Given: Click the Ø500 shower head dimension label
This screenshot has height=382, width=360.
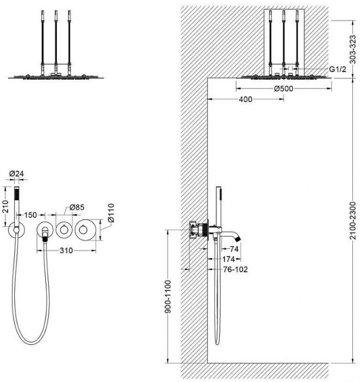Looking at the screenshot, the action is [x=284, y=88].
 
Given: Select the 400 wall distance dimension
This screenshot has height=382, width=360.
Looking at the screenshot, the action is [x=246, y=99].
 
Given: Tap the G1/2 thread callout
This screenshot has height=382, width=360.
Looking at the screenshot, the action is [x=338, y=69].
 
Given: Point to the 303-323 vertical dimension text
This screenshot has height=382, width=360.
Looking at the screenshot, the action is [x=353, y=50].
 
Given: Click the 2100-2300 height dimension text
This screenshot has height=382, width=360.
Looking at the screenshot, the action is [x=353, y=220].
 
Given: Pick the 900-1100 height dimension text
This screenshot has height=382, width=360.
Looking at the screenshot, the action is [x=168, y=296].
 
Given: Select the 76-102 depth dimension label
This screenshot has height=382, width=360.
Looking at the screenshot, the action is [x=235, y=269].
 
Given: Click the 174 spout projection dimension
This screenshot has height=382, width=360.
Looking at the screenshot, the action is [x=228, y=259].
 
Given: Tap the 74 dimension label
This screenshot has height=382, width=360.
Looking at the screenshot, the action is [x=234, y=249].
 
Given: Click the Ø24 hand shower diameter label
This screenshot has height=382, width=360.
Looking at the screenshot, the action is [x=16, y=174].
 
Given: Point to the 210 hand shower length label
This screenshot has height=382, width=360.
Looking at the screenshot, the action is [x=5, y=207].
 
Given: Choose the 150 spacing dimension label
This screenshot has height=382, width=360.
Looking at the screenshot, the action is [x=31, y=215].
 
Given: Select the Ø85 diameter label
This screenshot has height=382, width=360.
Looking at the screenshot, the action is [x=77, y=207].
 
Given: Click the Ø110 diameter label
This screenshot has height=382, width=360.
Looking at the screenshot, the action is [x=111, y=213].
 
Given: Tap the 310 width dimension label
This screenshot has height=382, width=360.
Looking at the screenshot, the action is [x=66, y=250].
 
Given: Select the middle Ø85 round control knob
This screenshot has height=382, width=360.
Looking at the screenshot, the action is [x=64, y=230].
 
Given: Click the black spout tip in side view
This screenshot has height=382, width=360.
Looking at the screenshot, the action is [x=238, y=239].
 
